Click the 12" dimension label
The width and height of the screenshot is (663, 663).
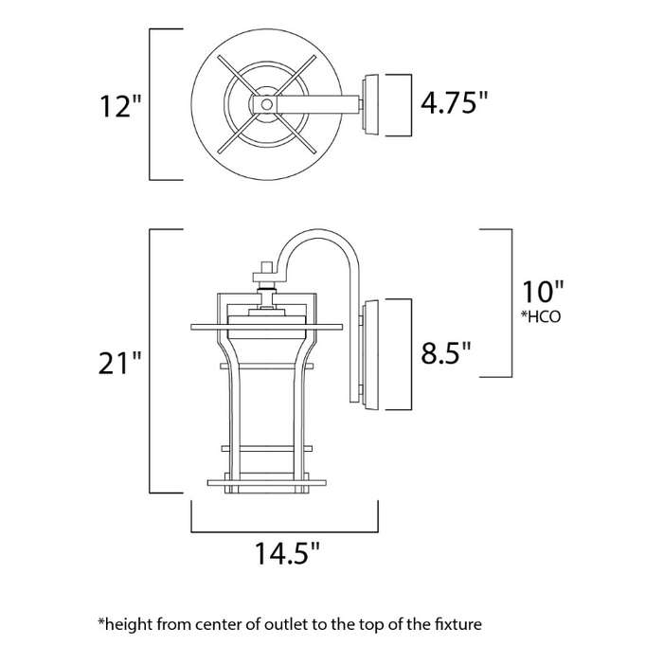[x=120, y=106]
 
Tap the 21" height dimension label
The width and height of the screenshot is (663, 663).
[x=120, y=362]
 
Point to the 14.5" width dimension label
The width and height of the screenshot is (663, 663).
[x=284, y=551]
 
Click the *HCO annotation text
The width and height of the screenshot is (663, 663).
[x=541, y=316]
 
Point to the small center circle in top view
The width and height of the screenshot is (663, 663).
[x=267, y=103]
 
